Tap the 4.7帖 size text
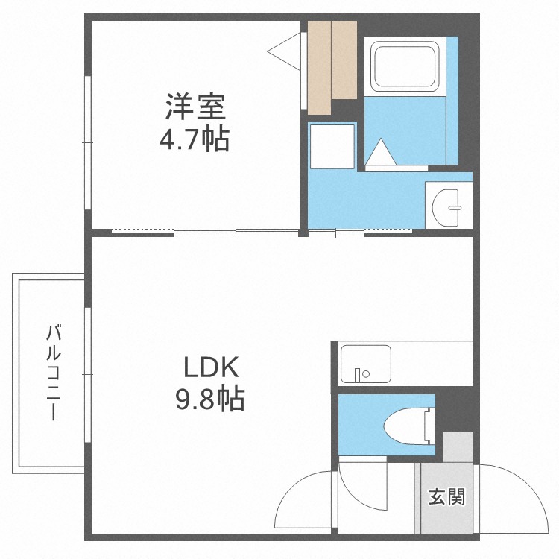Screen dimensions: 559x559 (195, 139)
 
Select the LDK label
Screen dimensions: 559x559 (211, 368)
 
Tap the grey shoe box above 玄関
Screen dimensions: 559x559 (457, 446)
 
